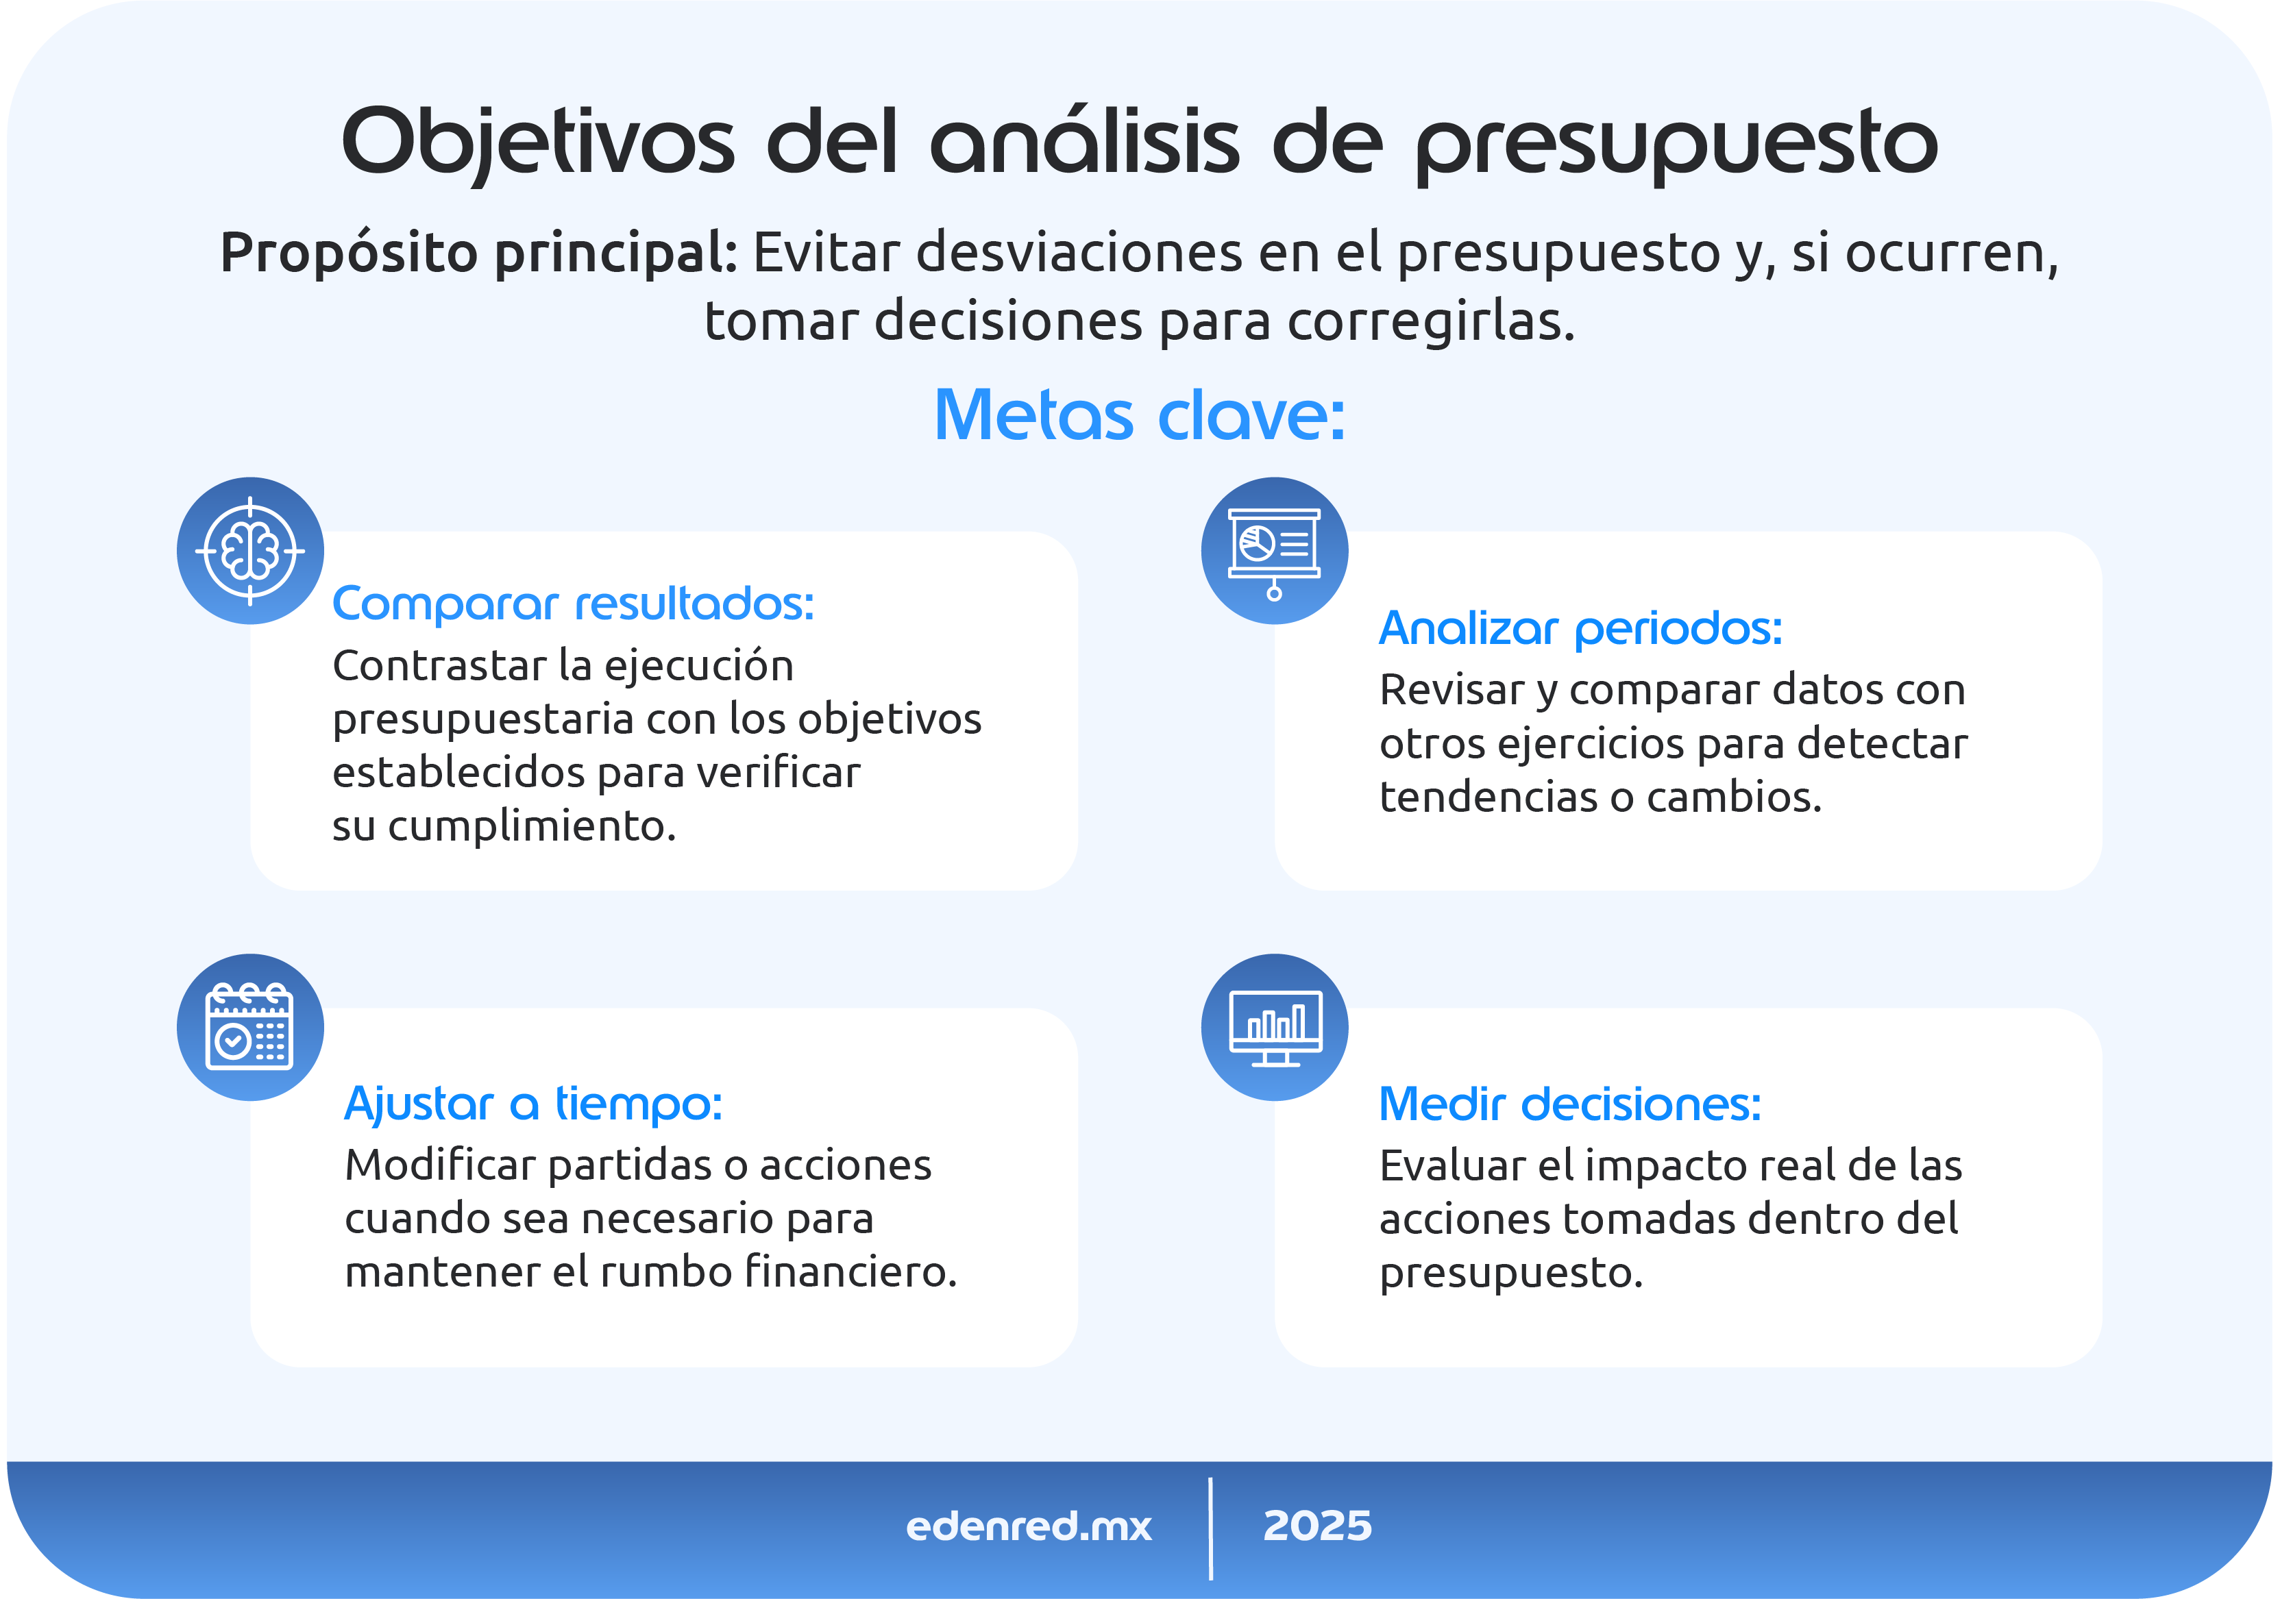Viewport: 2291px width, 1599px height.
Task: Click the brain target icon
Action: pyautogui.click(x=249, y=551)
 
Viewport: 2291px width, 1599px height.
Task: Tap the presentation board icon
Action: pyautogui.click(x=1274, y=551)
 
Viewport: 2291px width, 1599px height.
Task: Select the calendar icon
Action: pyautogui.click(x=249, y=1028)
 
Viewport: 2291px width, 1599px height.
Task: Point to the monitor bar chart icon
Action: pyautogui.click(x=1274, y=1028)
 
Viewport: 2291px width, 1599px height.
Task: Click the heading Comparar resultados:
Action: pyautogui.click(x=573, y=604)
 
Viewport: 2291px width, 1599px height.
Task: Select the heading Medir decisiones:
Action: pyautogui.click(x=1569, y=1104)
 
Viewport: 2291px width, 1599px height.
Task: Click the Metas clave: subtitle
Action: pyautogui.click(x=1140, y=415)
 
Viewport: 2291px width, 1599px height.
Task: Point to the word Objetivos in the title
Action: pyautogui.click(x=538, y=142)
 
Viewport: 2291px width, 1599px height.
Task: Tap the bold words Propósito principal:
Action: pyautogui.click(x=478, y=251)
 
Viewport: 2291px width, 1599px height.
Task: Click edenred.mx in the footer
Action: pyautogui.click(x=1028, y=1526)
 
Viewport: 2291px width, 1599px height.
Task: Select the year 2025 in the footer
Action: pyautogui.click(x=1317, y=1526)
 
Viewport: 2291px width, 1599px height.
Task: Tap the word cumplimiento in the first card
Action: pyautogui.click(x=532, y=826)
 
